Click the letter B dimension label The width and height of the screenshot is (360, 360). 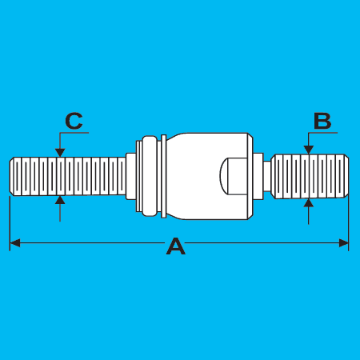322,121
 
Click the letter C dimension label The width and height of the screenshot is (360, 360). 74,121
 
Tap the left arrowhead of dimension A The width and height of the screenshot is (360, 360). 14,243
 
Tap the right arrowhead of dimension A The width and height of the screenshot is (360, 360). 343,243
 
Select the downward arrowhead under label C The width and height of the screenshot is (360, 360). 60,153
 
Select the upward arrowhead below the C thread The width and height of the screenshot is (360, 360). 60,200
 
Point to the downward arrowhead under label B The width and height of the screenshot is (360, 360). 309,150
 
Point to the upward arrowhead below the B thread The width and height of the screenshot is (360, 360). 309,202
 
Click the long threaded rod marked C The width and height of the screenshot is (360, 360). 68,176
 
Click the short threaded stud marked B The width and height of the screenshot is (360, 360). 310,176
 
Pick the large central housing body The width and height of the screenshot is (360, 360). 207,176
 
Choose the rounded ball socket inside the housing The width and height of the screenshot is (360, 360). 234,176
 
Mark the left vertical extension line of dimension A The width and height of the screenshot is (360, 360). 10,223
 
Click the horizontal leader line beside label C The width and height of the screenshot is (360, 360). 74,133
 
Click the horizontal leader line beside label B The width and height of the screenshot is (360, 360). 322,133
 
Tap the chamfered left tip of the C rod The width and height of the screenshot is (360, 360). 12,176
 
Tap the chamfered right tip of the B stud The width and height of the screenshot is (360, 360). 346,176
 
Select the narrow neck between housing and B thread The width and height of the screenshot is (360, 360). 267,176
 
